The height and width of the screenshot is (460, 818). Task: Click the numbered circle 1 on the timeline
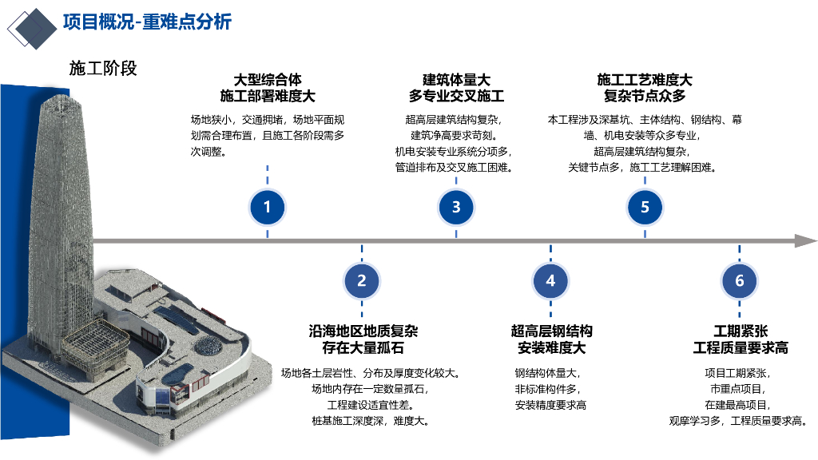pos(267,208)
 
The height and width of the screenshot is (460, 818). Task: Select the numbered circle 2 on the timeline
pos(362,280)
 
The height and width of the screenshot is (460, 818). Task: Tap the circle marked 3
pos(456,208)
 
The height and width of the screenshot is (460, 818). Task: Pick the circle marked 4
pos(550,280)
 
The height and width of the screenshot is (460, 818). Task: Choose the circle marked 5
pos(645,208)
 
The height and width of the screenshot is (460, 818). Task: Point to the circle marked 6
pos(739,280)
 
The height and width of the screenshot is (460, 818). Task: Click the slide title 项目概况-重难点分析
pos(147,22)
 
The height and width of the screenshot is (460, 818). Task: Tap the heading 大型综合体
pos(268,80)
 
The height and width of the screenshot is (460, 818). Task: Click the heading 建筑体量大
pos(456,80)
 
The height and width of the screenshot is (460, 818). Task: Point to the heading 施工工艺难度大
pos(645,80)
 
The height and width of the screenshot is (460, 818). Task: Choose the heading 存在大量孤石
pos(363,348)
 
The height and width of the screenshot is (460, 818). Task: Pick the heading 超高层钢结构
pos(551,331)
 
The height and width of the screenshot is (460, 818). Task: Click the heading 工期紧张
pos(740,331)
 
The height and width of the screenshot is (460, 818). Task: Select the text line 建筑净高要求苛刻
pos(456,135)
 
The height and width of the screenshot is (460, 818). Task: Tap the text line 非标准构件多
pos(551,389)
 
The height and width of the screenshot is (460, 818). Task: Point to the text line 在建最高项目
pos(740,405)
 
